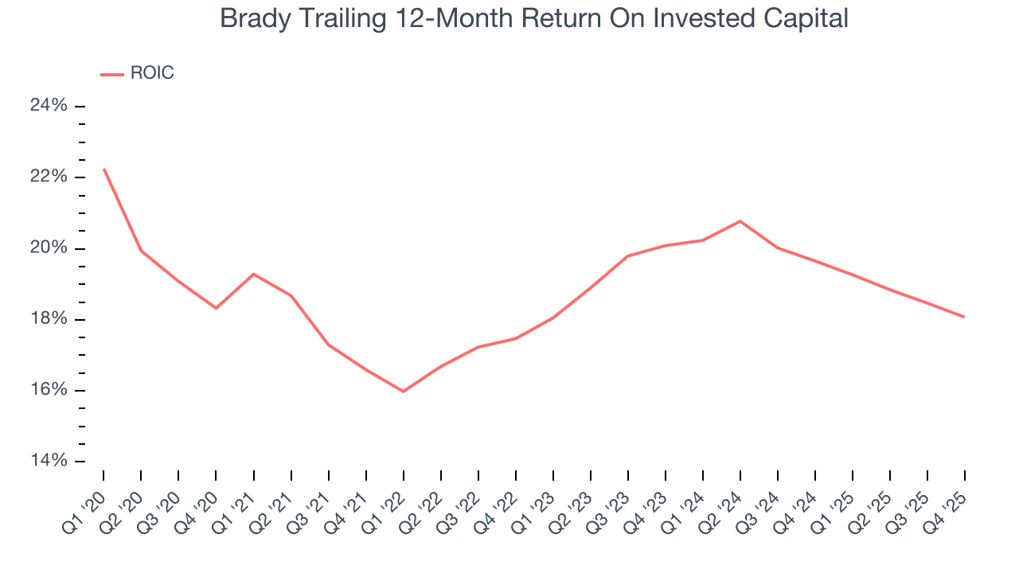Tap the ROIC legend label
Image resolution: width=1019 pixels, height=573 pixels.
tap(151, 73)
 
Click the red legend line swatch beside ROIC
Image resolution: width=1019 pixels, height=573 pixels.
tap(112, 74)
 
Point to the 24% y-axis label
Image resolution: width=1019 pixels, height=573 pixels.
tap(48, 106)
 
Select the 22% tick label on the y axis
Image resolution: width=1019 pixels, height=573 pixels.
tap(48, 177)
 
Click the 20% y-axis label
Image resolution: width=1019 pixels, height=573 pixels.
tap(48, 248)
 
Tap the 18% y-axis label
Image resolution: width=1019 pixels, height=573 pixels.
tap(48, 319)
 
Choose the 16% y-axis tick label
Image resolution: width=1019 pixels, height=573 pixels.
tap(48, 390)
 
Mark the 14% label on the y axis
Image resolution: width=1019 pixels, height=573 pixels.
tap(48, 462)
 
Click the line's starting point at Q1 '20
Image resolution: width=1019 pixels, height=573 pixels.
tap(103, 169)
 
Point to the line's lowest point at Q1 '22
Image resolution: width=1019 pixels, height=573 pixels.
tap(403, 392)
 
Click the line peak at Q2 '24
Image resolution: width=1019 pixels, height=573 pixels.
tap(740, 220)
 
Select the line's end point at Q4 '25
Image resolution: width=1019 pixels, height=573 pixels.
tap(965, 317)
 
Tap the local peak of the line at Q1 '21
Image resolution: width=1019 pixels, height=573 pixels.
tap(253, 274)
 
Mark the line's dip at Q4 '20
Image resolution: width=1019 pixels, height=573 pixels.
tap(216, 308)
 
